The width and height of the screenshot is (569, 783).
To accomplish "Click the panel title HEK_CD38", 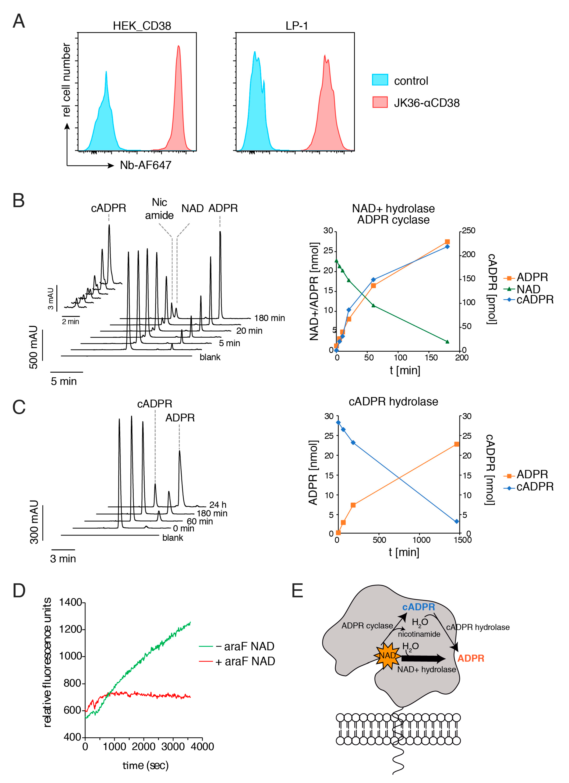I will pos(142,26).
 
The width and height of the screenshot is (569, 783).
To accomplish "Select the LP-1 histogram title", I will pos(296,26).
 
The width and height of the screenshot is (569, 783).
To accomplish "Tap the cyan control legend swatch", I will pos(380,80).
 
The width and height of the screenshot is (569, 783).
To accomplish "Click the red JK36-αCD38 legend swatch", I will pos(380,102).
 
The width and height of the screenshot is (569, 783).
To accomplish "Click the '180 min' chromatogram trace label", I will pos(269,318).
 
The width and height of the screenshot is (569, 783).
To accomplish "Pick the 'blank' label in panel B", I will pos(210,357).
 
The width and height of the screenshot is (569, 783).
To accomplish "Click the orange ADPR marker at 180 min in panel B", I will pos(447,242).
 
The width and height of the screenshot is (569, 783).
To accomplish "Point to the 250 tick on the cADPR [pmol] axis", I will pos(469,231).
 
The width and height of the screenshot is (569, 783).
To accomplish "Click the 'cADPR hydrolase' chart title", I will pos(393,401).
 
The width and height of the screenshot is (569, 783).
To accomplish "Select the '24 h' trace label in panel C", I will pos(218,505).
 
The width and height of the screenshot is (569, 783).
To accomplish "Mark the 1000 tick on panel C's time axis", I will pos(421,540).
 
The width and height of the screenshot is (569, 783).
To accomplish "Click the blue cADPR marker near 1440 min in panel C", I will pos(456,521).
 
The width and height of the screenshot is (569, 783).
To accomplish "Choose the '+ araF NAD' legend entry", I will pos(245,661).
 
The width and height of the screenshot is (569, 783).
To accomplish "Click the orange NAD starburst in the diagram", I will pos(387,656).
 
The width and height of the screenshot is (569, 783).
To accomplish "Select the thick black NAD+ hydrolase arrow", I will pos(424,658).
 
